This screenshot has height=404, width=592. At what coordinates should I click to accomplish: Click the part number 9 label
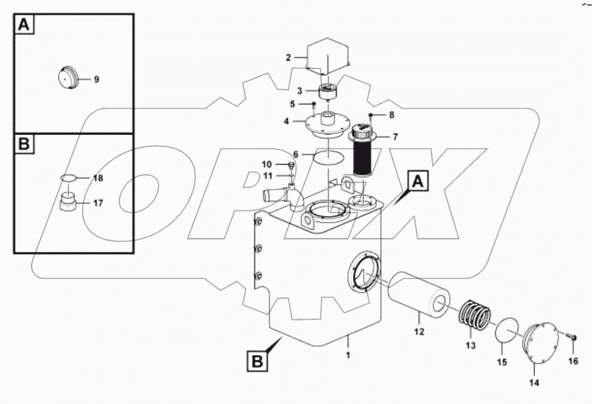click(x=97, y=79)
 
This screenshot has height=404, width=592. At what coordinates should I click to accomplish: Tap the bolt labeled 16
click(x=571, y=337)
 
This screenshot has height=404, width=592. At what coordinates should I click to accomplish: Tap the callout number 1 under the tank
click(x=348, y=356)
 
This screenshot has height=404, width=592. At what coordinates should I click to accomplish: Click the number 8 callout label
click(x=391, y=115)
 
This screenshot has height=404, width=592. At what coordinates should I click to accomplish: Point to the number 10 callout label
click(x=267, y=164)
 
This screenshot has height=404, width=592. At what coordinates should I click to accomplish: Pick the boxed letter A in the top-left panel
click(x=24, y=24)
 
